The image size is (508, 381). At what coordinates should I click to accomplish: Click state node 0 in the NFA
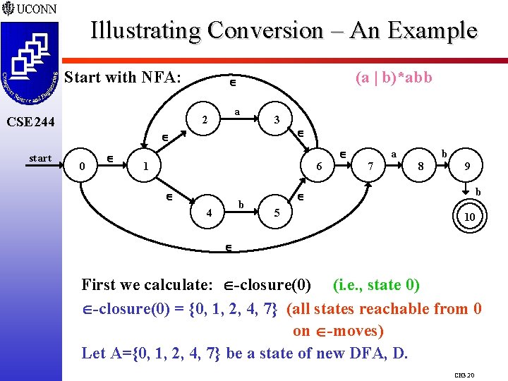(x=83, y=167)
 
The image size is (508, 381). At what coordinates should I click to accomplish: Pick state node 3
(x=277, y=120)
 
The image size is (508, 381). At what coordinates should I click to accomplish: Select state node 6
(x=319, y=167)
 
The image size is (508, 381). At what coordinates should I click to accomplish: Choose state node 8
(x=421, y=167)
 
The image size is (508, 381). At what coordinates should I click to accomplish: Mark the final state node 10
(x=469, y=218)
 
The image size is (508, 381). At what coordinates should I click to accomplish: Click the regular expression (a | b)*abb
(x=394, y=78)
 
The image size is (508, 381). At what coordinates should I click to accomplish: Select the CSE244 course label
(x=30, y=122)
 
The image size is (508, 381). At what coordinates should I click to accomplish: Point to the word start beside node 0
(x=40, y=158)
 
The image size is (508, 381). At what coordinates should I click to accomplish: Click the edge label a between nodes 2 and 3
(x=238, y=111)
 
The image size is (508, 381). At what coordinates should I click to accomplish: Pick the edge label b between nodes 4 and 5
(x=241, y=205)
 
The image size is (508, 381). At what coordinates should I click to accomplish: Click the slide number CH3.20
(x=464, y=375)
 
